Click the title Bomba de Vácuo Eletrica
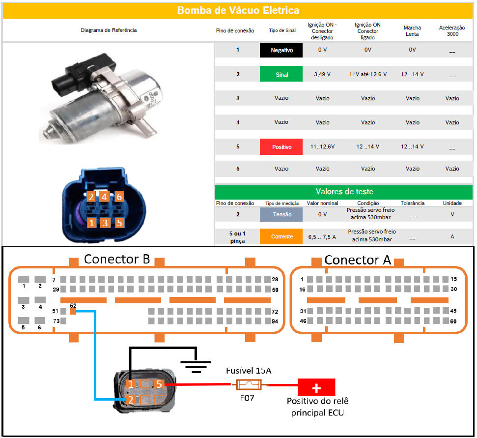238,10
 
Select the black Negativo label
281,50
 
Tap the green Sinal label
281,74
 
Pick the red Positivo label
281,146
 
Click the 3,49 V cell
322,74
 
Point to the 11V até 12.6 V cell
367,74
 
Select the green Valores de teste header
343,192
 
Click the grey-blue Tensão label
281,214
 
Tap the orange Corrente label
281,236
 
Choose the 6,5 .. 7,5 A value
322,236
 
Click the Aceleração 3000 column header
451,31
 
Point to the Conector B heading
116,259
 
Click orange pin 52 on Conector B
73,311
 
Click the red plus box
315,386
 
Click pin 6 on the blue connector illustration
119,197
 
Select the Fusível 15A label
249,370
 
